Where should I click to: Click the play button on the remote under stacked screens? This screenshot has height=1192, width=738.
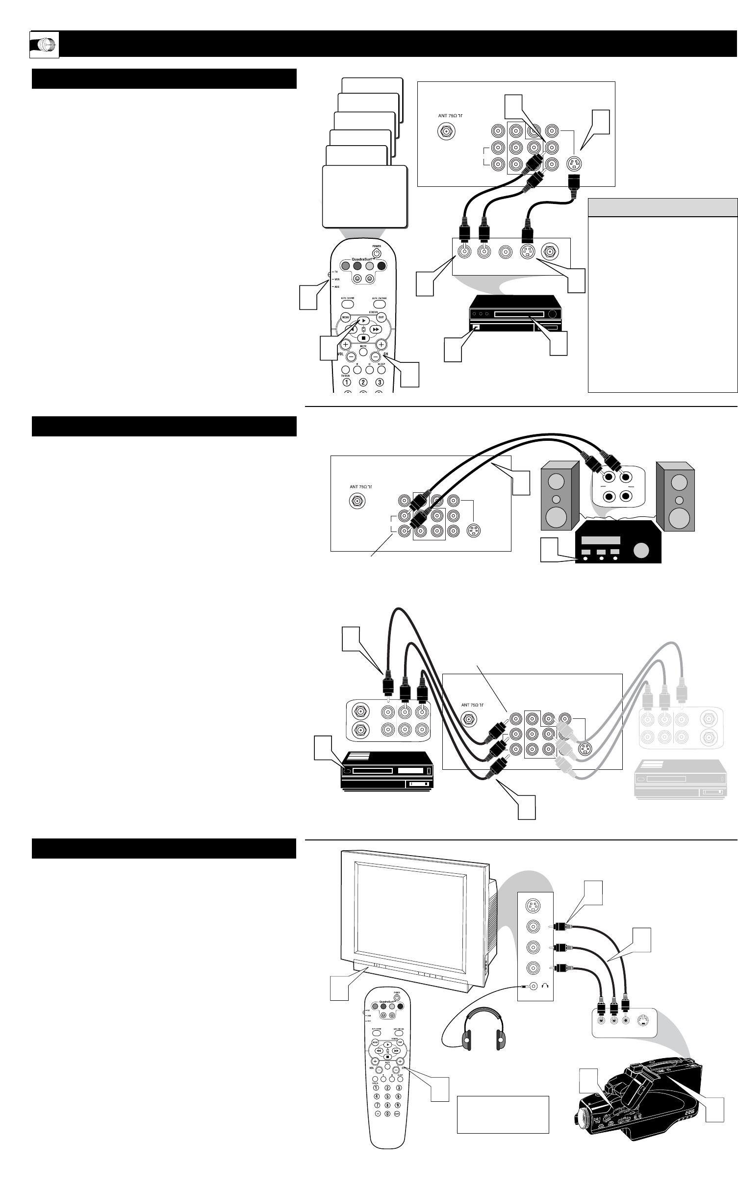[x=363, y=320]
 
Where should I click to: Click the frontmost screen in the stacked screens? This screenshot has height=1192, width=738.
[x=364, y=196]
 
